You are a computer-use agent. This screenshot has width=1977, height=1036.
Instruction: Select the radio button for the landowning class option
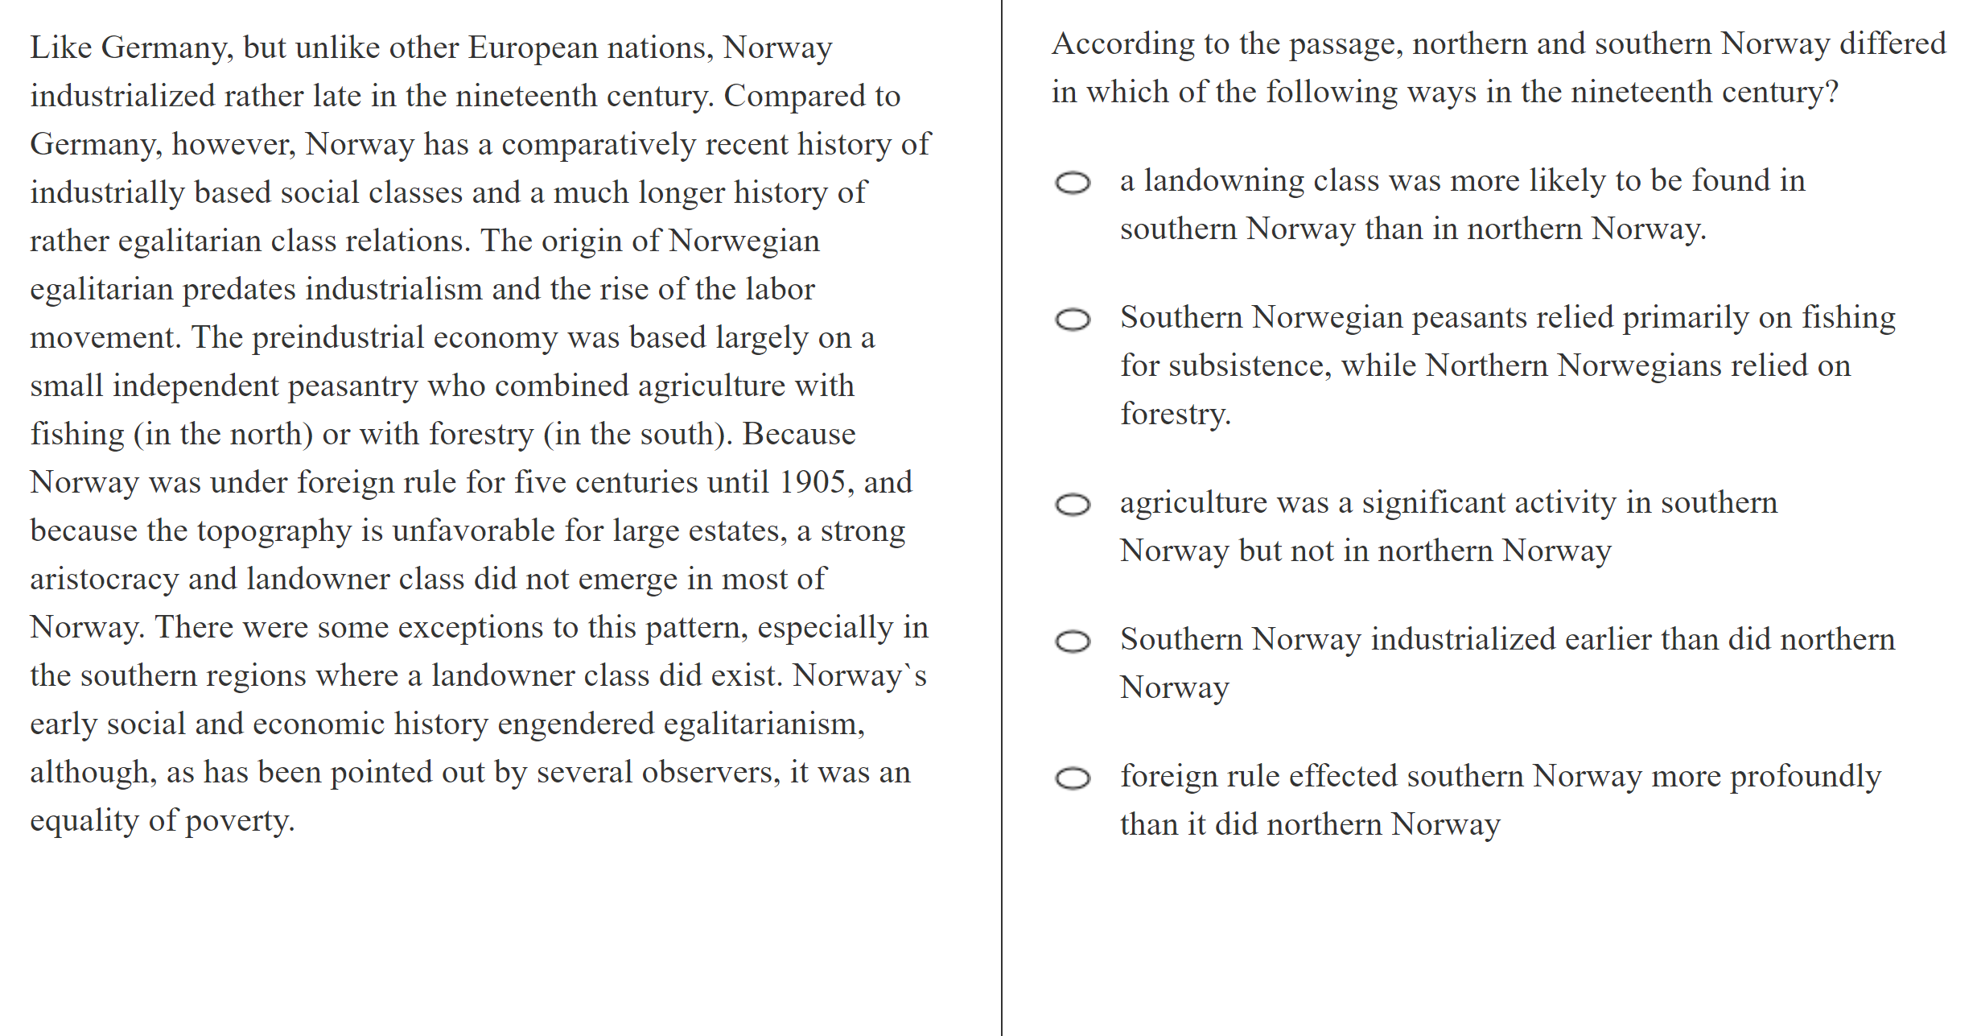point(1073,183)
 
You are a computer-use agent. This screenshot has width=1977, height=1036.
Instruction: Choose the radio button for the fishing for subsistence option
point(1073,320)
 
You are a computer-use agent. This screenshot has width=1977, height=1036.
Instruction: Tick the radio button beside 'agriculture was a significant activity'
point(1073,505)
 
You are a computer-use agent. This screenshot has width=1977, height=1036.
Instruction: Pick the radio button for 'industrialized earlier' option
point(1073,642)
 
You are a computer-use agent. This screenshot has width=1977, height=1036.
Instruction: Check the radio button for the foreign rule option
point(1073,778)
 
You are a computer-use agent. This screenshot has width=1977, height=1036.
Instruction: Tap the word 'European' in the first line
point(532,48)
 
